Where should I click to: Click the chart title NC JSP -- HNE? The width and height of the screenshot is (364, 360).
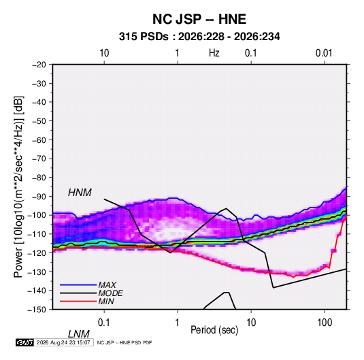click(x=199, y=19)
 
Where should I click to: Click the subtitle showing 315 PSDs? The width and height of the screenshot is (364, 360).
click(x=199, y=37)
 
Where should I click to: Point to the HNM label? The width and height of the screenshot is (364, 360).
click(x=80, y=193)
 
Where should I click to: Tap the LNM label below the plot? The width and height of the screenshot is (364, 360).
click(x=79, y=334)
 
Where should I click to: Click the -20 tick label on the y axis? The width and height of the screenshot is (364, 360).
click(x=39, y=65)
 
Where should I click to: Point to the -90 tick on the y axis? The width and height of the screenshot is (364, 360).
click(x=39, y=196)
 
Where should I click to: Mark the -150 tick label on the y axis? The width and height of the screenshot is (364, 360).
click(x=37, y=310)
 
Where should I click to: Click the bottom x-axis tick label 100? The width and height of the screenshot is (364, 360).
click(x=325, y=322)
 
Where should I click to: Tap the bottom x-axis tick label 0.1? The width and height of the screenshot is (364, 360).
click(x=104, y=322)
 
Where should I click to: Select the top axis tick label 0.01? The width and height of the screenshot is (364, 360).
click(x=324, y=53)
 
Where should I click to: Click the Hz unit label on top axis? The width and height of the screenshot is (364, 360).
click(x=214, y=53)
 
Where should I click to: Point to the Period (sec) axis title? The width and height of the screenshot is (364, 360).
click(x=214, y=330)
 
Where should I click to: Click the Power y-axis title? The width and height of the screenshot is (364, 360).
click(x=18, y=186)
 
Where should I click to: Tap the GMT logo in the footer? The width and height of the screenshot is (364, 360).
click(x=24, y=342)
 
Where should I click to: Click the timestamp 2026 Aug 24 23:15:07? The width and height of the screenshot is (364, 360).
click(x=63, y=342)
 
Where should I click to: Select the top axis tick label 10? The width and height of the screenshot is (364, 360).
click(x=104, y=53)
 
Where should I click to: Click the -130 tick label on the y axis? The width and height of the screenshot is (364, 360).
click(x=37, y=272)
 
